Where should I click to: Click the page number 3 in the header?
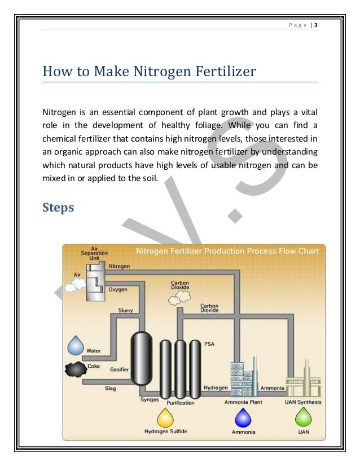tap(316, 25)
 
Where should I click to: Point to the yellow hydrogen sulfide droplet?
tap(166, 418)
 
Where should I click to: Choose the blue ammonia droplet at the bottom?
tap(243, 418)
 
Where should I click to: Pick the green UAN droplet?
tap(304, 418)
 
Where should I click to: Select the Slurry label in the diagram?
tap(125, 310)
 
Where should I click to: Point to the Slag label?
tap(110, 388)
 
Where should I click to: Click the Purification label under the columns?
tap(181, 403)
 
